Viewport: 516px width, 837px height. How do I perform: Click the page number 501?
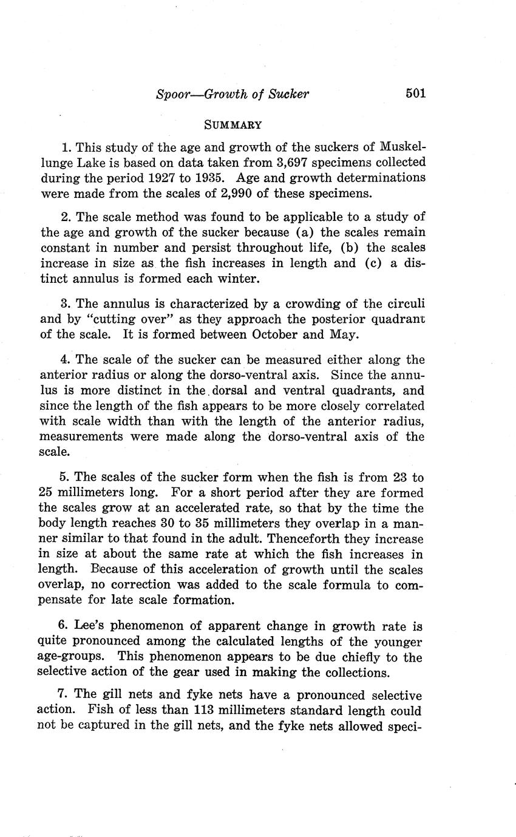(x=416, y=93)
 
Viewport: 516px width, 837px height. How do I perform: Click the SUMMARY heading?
(x=233, y=126)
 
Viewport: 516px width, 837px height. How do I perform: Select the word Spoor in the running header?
(x=174, y=94)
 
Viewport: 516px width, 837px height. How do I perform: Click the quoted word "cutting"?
(x=89, y=319)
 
